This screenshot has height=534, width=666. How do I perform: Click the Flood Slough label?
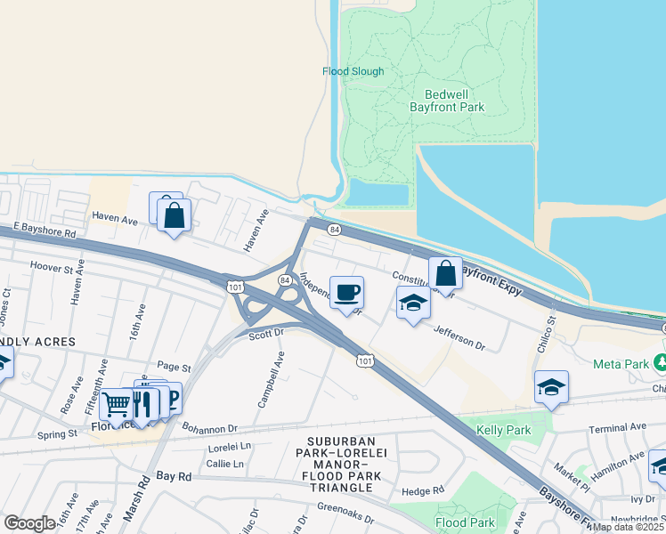pyautogui.click(x=353, y=71)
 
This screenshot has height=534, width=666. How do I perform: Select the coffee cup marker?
pyautogui.click(x=346, y=292)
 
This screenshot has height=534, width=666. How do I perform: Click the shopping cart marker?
pyautogui.click(x=117, y=405)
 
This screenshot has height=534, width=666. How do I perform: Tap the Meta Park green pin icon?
pyautogui.click(x=660, y=362)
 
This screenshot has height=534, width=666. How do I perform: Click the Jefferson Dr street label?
pyautogui.click(x=459, y=338)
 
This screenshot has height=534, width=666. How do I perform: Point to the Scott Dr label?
pyautogui.click(x=265, y=334)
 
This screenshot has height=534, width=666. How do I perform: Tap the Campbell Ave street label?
pyautogui.click(x=272, y=379)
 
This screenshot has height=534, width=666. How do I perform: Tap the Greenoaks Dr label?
pyautogui.click(x=342, y=514)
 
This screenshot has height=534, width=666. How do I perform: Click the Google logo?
pyautogui.click(x=29, y=523)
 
